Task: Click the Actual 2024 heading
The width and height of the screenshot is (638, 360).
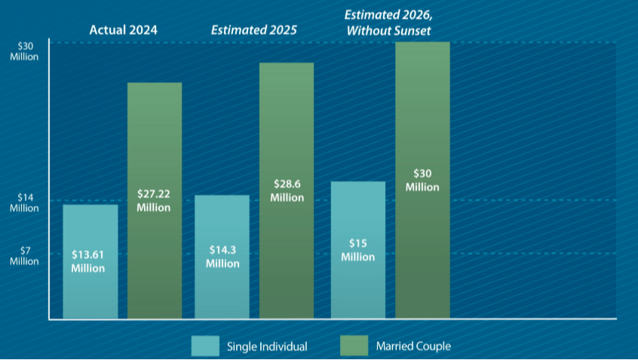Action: point(124,30)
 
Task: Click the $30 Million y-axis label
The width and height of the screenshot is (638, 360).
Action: point(25,51)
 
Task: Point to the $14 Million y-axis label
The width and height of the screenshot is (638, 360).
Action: point(25,203)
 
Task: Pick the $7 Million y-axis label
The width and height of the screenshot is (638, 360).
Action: point(25,256)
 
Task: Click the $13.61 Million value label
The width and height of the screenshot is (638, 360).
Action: point(88,261)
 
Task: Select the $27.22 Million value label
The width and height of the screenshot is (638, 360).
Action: point(154,201)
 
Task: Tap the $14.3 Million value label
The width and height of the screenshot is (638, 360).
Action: point(222,257)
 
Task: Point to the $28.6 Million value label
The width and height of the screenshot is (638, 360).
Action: point(287,191)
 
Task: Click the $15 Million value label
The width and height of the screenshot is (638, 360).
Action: point(357,250)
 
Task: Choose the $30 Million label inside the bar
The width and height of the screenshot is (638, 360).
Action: point(422,180)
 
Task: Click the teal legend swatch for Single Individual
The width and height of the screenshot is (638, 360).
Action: point(204,346)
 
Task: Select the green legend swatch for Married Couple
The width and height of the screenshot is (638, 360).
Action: point(354,346)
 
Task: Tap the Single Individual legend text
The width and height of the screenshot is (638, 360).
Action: point(267,347)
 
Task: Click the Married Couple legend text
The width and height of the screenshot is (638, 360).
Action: point(413,347)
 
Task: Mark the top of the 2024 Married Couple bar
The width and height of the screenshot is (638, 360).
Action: point(155,84)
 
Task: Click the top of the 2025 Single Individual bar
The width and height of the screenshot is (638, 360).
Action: point(222,196)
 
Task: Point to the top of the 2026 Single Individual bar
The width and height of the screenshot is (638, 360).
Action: point(358,183)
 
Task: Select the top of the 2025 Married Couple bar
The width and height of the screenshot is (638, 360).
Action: point(287,64)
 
